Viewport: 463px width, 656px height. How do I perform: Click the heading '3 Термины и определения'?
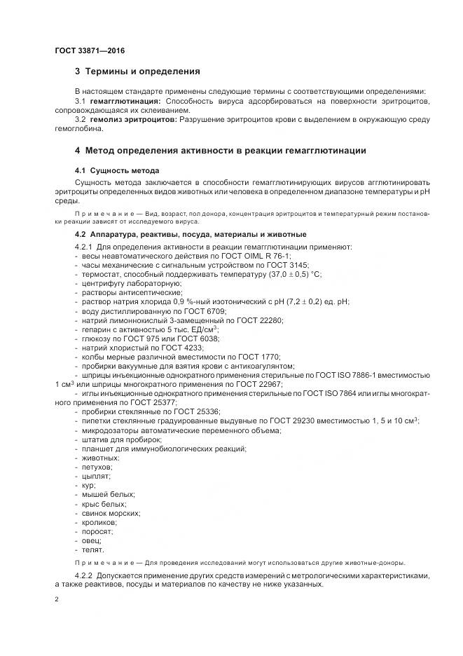[137, 71]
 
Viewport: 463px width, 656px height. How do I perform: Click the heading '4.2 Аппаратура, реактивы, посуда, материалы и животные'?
[191, 234]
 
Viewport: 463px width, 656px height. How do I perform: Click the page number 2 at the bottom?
[57, 599]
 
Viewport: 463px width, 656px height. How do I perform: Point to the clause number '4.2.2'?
[84, 576]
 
